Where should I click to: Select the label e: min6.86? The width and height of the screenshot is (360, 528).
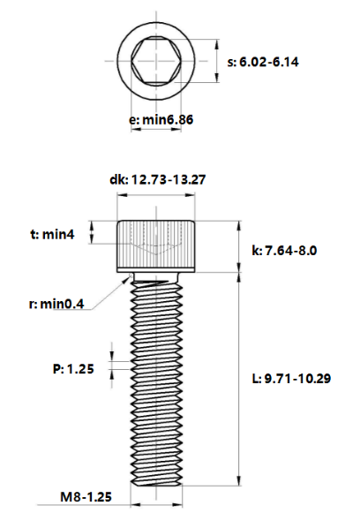[161, 117]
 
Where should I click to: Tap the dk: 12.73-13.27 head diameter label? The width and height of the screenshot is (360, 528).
[157, 179]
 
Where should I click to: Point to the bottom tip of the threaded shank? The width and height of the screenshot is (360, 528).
[157, 482]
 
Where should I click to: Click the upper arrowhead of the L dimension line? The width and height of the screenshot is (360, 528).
[239, 276]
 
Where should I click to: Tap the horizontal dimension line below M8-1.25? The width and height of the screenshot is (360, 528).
[157, 507]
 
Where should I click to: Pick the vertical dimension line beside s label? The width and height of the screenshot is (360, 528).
[215, 62]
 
